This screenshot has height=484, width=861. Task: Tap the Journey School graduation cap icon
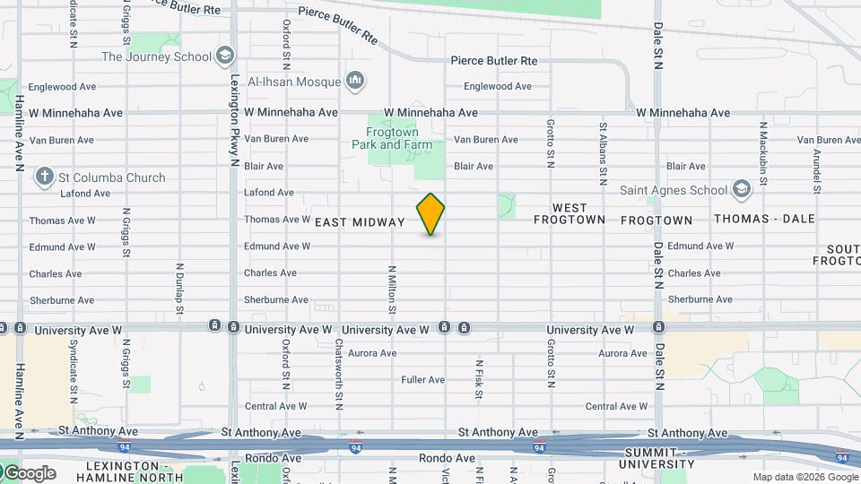coord(225,56)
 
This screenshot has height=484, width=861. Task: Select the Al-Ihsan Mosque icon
coord(356,82)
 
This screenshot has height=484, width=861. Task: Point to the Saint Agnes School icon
coord(741,189)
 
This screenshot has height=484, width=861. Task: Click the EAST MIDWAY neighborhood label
coord(360,222)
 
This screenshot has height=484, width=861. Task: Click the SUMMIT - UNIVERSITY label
coord(657,459)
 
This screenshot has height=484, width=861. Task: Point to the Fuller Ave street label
coord(423,380)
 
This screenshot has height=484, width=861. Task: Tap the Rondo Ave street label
coord(447,458)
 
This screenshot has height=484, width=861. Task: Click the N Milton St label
coord(392,289)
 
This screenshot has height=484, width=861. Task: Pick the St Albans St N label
coord(604,149)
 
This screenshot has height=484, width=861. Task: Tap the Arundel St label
coord(816,170)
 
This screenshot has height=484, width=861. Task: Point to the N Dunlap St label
coord(179,289)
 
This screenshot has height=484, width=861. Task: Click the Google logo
coord(29,473)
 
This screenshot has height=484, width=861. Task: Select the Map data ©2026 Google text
coord(804,477)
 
